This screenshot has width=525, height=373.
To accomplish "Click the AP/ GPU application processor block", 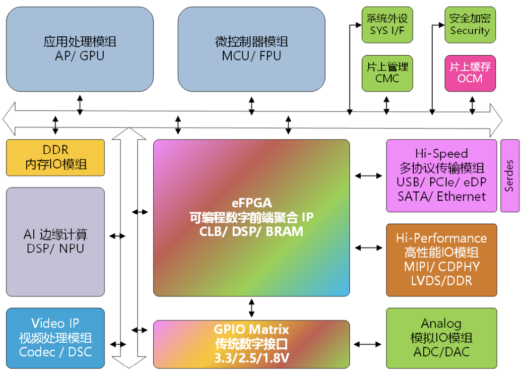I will tap(79, 49).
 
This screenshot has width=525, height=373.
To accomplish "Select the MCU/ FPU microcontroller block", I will tap(251, 49).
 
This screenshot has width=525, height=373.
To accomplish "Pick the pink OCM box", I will tap(469, 73).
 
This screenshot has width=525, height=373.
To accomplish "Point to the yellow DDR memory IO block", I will tap(56, 157).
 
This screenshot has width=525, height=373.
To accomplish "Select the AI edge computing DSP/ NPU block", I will tap(56, 242).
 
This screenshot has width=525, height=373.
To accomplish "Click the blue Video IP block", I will tap(56, 338).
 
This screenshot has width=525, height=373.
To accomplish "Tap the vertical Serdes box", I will tap(509, 176).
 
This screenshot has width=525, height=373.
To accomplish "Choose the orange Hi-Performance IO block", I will tap(441, 259).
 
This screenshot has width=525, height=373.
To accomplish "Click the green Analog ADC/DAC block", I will tap(441, 338).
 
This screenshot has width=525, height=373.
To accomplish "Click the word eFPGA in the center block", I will tap(251, 203).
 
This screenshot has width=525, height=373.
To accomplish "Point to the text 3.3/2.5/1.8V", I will tap(251, 357).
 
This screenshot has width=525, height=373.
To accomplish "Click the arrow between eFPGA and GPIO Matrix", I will tap(252, 308).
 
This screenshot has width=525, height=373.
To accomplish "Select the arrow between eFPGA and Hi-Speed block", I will tap(368, 176).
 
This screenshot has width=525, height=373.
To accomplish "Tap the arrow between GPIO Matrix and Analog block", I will tap(368, 344).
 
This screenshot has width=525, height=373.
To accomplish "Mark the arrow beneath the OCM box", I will tap(472, 105).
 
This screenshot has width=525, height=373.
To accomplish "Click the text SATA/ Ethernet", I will tap(441, 196).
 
